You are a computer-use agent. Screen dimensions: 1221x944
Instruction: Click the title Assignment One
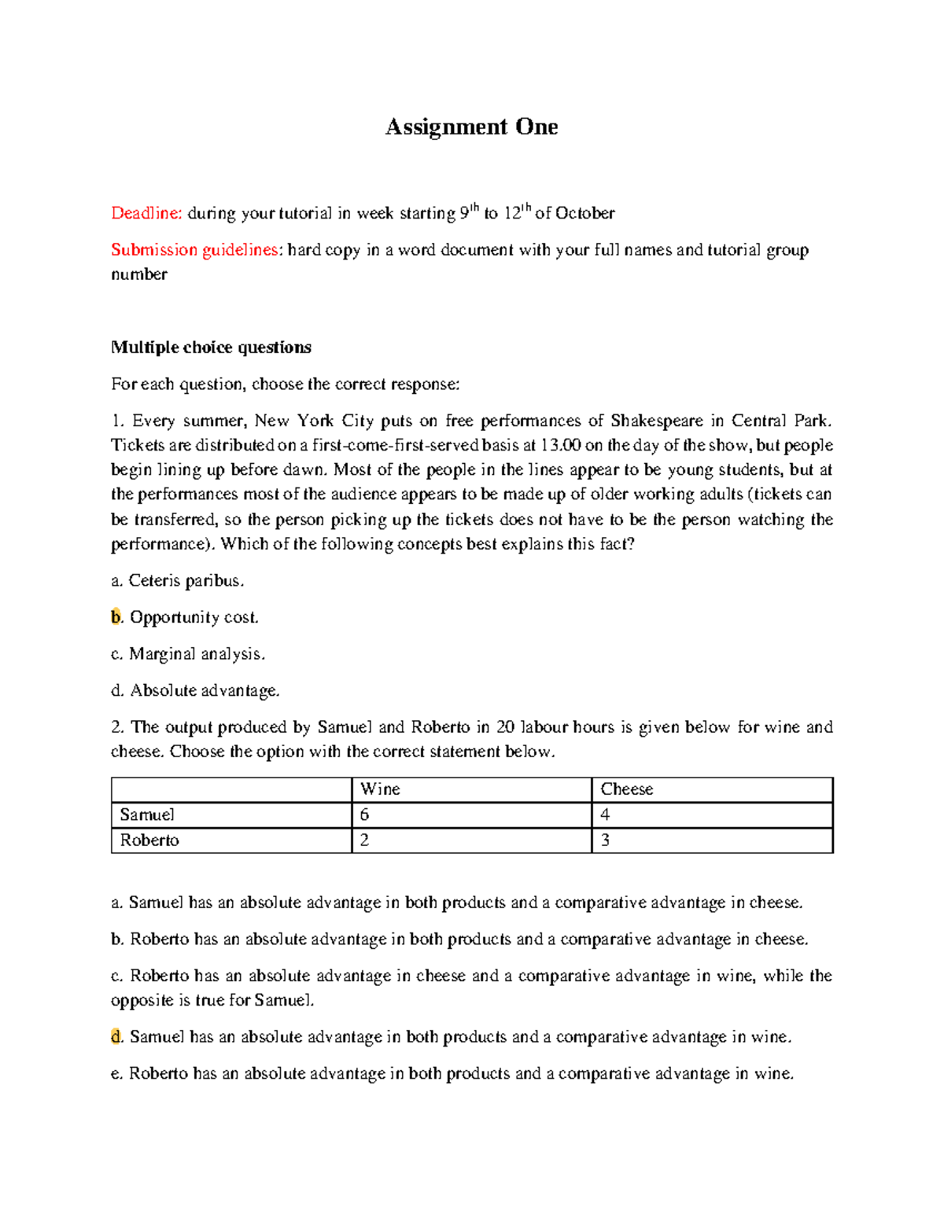[x=471, y=127]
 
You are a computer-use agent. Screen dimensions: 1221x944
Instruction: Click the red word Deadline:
[x=146, y=213]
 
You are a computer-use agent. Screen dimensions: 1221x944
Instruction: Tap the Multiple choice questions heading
[x=211, y=348]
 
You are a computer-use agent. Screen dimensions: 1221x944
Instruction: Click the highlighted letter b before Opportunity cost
[x=116, y=617]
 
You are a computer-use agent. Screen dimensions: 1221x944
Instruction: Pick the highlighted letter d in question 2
[x=116, y=1037]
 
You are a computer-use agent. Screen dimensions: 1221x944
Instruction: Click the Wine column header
[x=380, y=789]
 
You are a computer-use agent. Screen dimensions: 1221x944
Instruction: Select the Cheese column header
[x=626, y=789]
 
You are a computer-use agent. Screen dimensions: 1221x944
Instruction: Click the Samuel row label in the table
[x=147, y=815]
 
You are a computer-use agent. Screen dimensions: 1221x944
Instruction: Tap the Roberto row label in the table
[x=149, y=840]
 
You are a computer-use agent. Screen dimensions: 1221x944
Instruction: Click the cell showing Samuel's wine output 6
[x=364, y=815]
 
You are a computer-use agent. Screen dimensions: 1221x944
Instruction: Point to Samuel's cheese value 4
[x=605, y=815]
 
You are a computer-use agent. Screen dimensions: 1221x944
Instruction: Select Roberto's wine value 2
[x=364, y=840]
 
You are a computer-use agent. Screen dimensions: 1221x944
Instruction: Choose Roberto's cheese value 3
[x=605, y=840]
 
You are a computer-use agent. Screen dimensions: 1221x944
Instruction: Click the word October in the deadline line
[x=585, y=213]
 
